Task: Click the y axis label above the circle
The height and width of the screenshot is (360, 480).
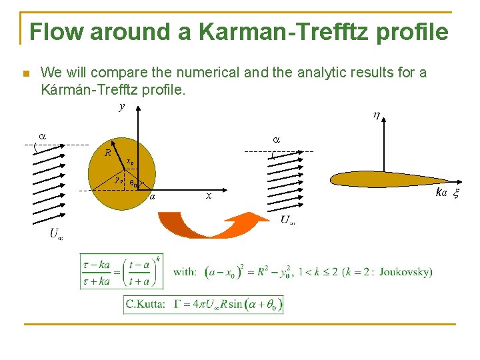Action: click(x=121, y=106)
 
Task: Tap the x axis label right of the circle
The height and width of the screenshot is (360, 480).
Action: click(x=209, y=196)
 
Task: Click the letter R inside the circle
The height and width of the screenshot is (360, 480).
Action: click(x=107, y=153)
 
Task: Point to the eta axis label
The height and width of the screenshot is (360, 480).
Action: click(x=377, y=116)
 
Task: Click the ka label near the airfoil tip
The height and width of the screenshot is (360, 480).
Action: click(x=441, y=193)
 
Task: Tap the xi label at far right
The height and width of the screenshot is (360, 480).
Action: click(x=457, y=193)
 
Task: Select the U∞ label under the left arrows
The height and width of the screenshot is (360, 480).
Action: click(x=56, y=233)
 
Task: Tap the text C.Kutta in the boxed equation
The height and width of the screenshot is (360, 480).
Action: click(x=145, y=305)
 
